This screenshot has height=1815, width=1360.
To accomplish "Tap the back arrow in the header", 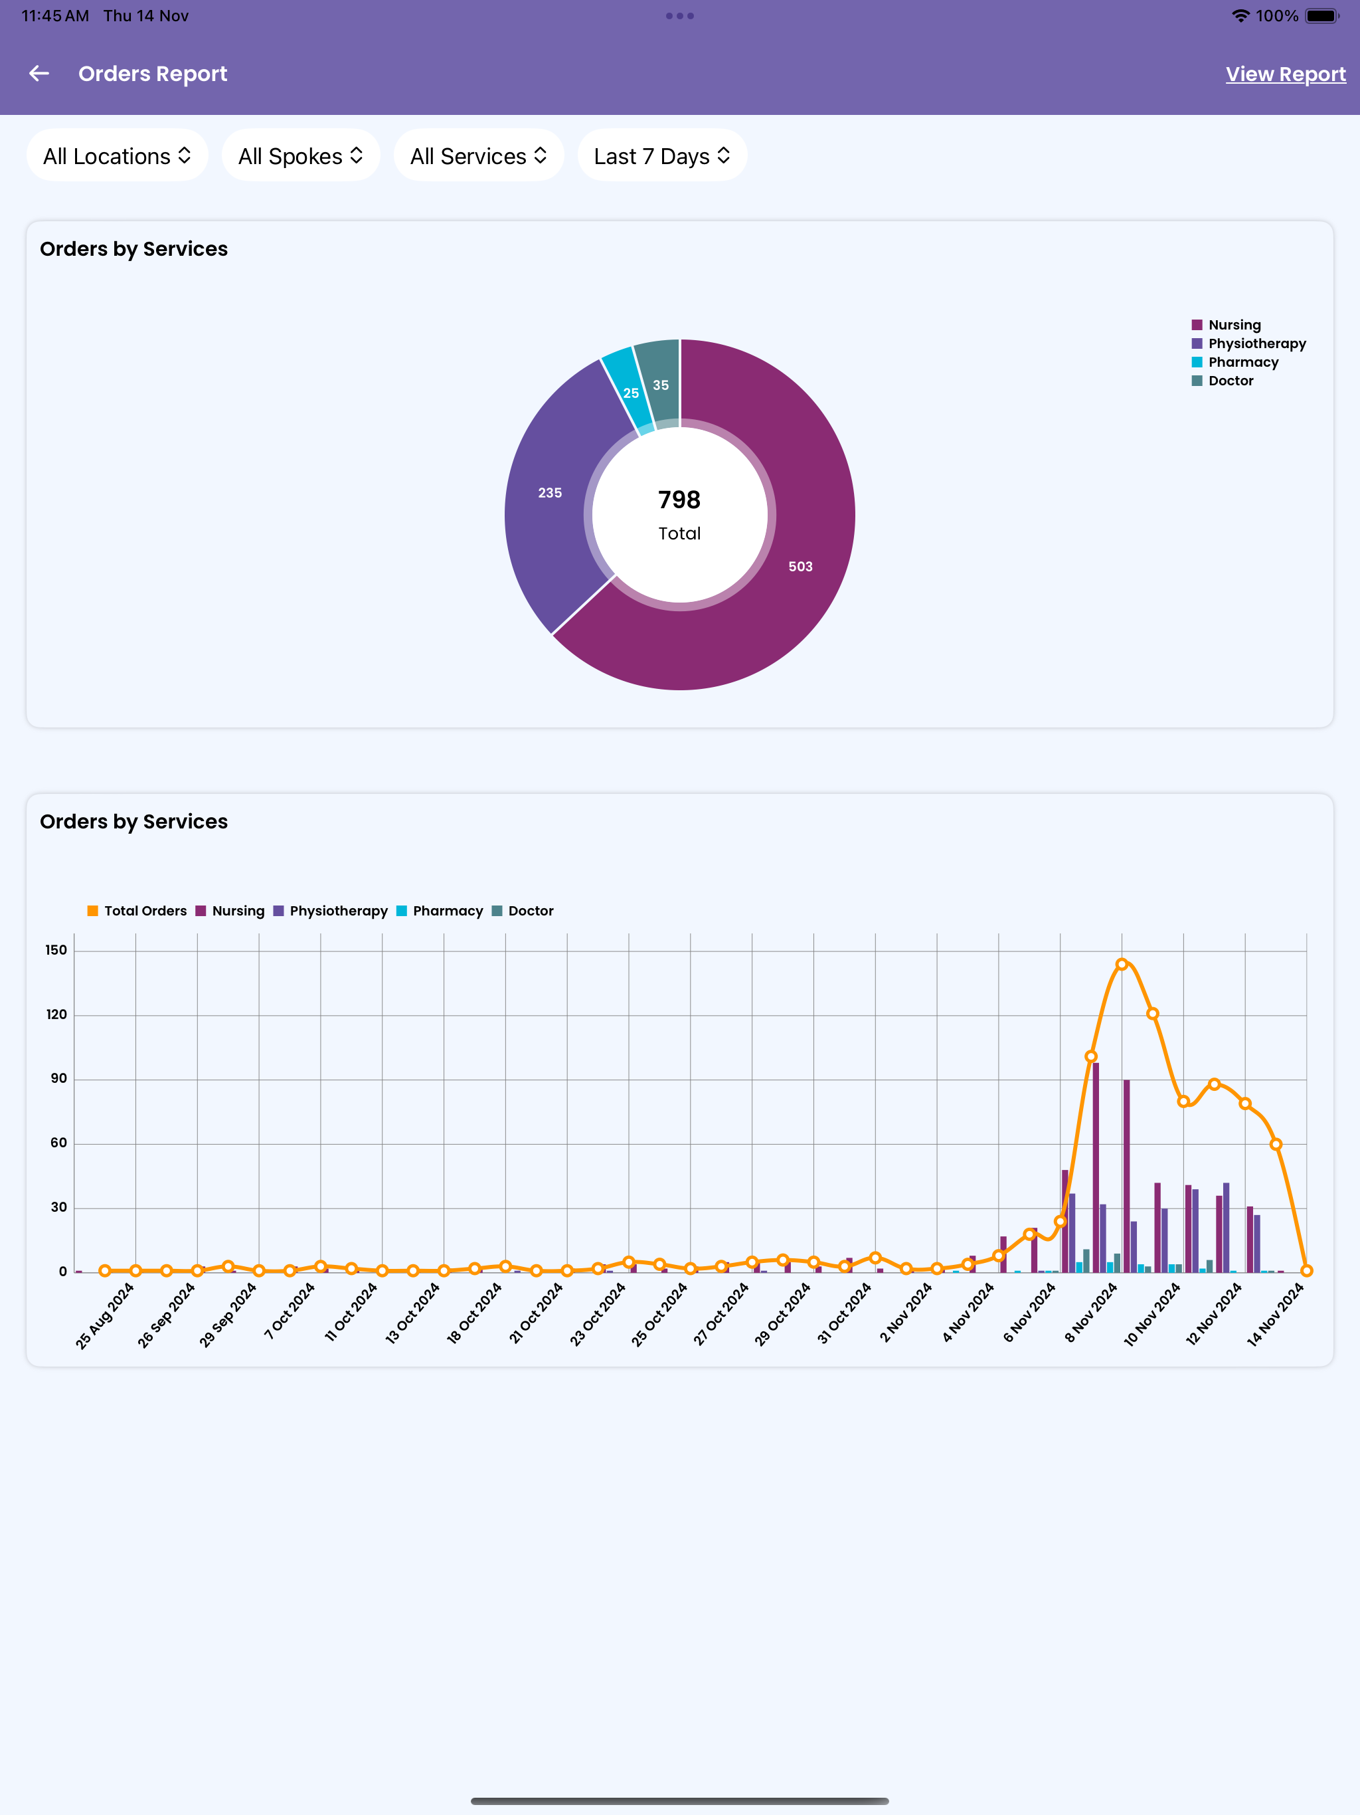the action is pyautogui.click(x=39, y=74).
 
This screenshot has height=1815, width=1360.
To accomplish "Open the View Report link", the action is pyautogui.click(x=1286, y=74).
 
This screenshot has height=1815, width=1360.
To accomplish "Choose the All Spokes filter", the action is pyautogui.click(x=301, y=156).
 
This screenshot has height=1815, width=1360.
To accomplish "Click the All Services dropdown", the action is pyautogui.click(x=479, y=156).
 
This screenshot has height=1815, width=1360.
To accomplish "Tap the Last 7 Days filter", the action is pyautogui.click(x=662, y=156).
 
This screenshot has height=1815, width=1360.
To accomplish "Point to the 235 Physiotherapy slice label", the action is pyautogui.click(x=550, y=493).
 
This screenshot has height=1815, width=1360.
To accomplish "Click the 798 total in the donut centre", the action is pyautogui.click(x=679, y=500).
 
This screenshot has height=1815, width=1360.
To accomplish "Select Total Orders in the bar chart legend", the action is pyautogui.click(x=137, y=911).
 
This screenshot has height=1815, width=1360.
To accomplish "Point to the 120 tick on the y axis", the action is pyautogui.click(x=56, y=1015).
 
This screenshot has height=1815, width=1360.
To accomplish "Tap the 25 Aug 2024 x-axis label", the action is pyautogui.click(x=104, y=1316).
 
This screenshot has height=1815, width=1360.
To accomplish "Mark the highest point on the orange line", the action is pyautogui.click(x=1122, y=964).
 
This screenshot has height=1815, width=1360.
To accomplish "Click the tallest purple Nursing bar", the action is pyautogui.click(x=1096, y=1168).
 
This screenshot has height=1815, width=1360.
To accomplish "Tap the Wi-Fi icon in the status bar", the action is pyautogui.click(x=1241, y=15).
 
